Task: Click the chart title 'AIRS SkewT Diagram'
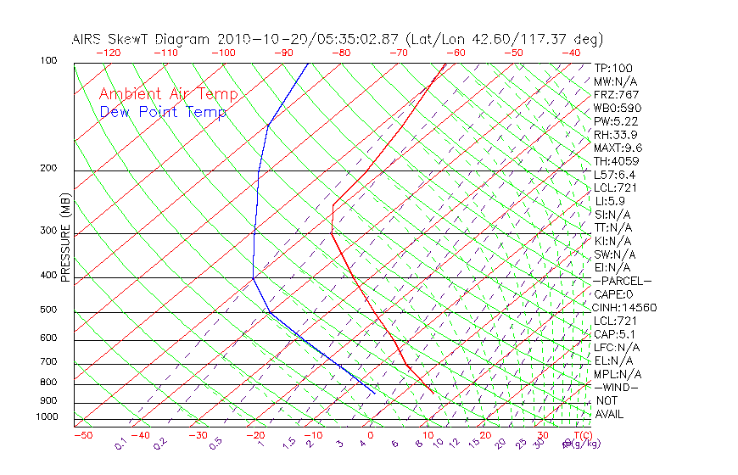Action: [x=142, y=39]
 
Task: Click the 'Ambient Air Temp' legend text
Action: [x=169, y=94]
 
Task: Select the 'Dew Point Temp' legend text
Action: [x=163, y=112]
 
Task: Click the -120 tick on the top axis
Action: [x=108, y=53]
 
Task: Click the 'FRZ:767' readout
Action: [x=617, y=94]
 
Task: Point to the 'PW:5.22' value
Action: [x=616, y=121]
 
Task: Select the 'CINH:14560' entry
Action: [x=625, y=307]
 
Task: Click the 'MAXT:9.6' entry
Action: [x=618, y=148]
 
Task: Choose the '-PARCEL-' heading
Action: [x=623, y=281]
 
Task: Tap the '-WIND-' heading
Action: [x=617, y=387]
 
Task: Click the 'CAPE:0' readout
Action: [x=614, y=293]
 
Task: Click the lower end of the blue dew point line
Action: [x=375, y=394]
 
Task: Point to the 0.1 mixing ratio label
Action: [x=120, y=444]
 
